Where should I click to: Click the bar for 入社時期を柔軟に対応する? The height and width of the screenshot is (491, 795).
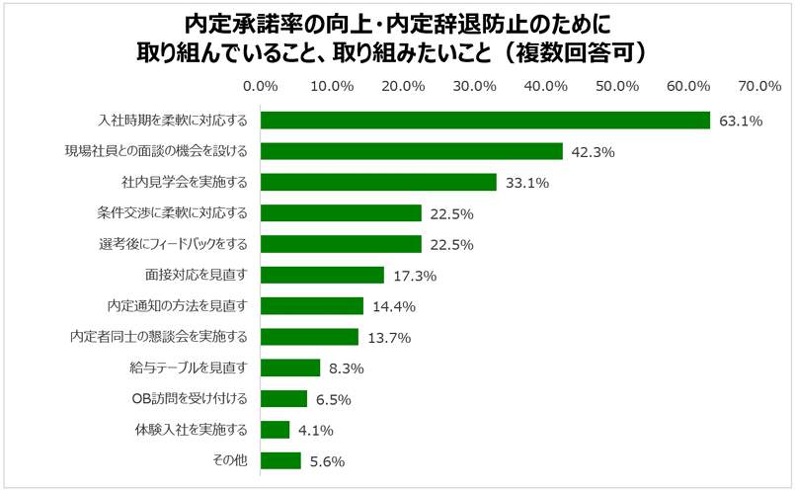(x=485, y=121)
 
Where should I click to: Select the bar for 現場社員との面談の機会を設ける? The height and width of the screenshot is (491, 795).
(x=411, y=151)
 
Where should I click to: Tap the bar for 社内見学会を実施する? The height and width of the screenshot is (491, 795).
(x=378, y=183)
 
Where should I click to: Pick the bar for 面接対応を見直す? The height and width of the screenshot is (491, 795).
(x=322, y=275)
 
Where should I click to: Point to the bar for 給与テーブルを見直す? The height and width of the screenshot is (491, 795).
(x=290, y=368)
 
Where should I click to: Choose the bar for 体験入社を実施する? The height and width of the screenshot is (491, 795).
(x=276, y=430)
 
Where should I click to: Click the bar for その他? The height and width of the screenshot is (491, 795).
(x=280, y=460)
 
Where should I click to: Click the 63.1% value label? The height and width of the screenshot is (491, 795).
(x=741, y=122)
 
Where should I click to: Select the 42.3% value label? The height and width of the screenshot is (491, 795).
(x=594, y=152)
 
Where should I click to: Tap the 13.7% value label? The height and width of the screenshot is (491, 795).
(x=388, y=338)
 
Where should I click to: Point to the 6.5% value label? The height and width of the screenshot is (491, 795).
(x=333, y=399)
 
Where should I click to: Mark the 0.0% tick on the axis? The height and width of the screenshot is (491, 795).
(x=261, y=86)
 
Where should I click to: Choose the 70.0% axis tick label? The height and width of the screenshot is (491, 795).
(x=760, y=86)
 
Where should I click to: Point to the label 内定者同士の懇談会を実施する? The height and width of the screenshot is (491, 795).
(x=159, y=337)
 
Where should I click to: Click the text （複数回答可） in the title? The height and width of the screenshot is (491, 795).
(x=575, y=51)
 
